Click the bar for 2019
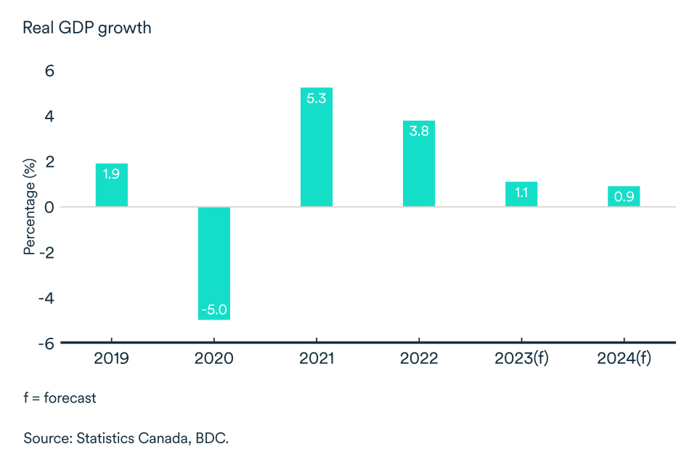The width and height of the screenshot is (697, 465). click(x=112, y=185)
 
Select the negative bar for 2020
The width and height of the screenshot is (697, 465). click(x=214, y=263)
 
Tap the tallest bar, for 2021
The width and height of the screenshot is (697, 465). click(x=317, y=147)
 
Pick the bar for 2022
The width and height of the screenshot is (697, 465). click(x=419, y=163)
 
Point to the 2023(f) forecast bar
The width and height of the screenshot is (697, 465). click(x=521, y=195)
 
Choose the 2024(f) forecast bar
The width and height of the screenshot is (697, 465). click(x=624, y=196)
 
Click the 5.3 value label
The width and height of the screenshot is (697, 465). click(x=317, y=98)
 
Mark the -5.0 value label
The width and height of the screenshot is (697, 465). click(x=214, y=309)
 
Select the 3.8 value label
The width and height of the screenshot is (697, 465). click(x=419, y=132)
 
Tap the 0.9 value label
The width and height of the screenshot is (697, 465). click(x=624, y=197)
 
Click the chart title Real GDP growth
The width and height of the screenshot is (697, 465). click(x=87, y=28)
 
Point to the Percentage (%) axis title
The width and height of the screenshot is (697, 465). click(x=30, y=207)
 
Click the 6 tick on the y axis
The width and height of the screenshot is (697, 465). click(x=50, y=71)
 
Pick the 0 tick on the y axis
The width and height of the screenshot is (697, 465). click(x=50, y=207)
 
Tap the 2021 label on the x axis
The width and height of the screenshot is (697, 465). click(x=317, y=359)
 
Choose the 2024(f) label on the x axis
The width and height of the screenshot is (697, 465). click(x=624, y=359)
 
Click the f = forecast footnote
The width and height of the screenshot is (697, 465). click(x=60, y=398)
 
